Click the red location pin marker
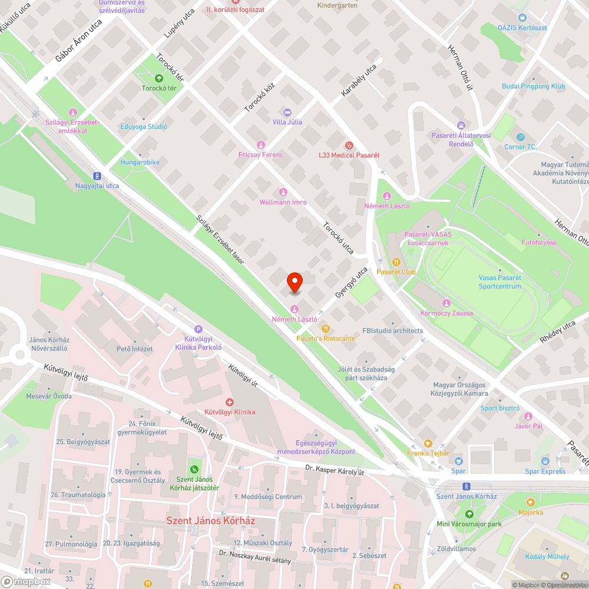294,282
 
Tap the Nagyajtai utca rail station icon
97,176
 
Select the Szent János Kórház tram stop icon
466,487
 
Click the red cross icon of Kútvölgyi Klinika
230,402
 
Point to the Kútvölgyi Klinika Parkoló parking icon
198,330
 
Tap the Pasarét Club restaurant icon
396,262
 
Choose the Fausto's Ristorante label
325,339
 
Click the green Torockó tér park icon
158,78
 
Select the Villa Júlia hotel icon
287,112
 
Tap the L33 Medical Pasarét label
345,155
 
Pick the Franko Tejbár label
428,453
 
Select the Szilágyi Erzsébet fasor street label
220,239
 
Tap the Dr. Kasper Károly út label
335,472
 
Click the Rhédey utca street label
557,332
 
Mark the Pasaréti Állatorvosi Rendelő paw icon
461,125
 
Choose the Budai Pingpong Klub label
533,87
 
